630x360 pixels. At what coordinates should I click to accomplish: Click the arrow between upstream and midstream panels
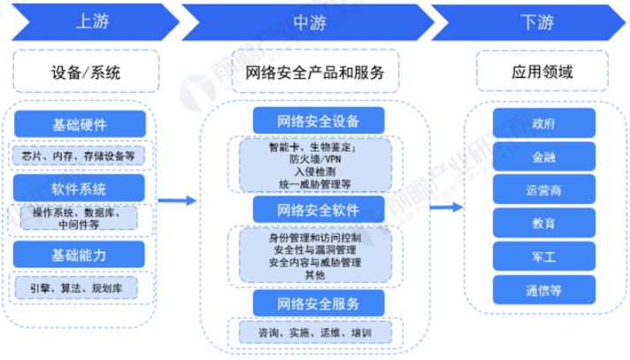178,202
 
